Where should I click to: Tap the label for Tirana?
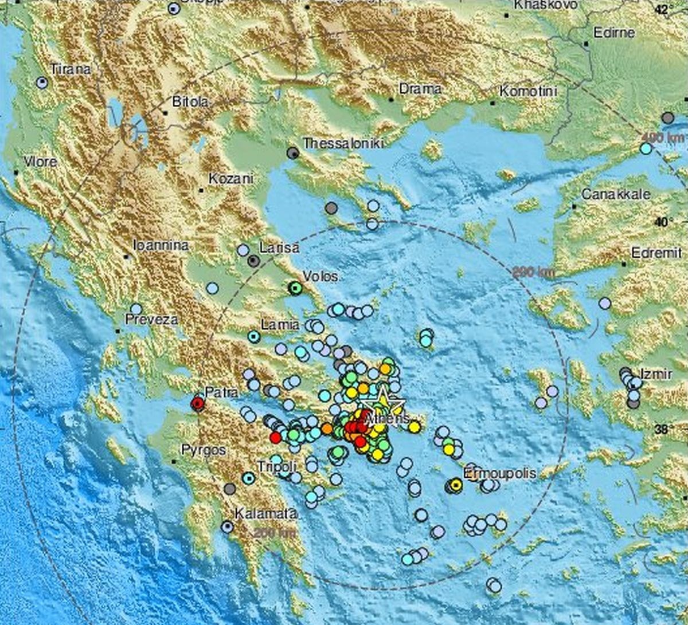pyautogui.click(x=71, y=69)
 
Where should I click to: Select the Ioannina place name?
pyautogui.click(x=161, y=245)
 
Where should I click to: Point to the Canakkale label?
pyautogui.click(x=616, y=194)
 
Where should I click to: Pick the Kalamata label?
pyautogui.click(x=265, y=514)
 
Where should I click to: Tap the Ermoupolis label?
pyautogui.click(x=499, y=473)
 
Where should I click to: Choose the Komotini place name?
pyautogui.click(x=528, y=91)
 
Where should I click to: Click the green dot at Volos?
pyautogui.click(x=295, y=288)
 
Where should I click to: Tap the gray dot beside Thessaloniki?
pyautogui.click(x=293, y=153)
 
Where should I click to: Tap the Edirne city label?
pyautogui.click(x=614, y=33)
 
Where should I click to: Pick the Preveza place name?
pyautogui.click(x=153, y=320)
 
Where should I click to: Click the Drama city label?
pyautogui.click(x=420, y=89)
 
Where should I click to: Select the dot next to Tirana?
pyautogui.click(x=42, y=82)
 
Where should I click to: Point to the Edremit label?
pyautogui.click(x=656, y=253)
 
